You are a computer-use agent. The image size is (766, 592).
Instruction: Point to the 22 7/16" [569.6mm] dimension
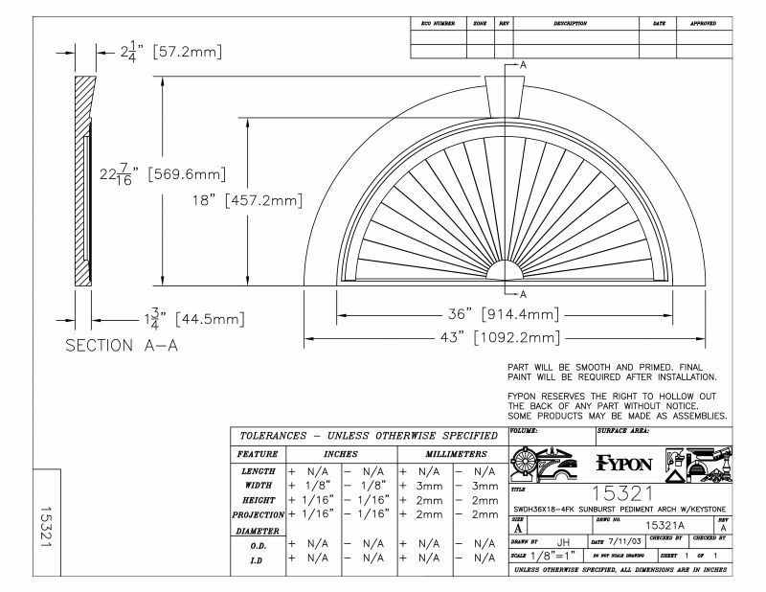pos(163,173)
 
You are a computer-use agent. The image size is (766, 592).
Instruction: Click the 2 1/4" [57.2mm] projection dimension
pos(171,53)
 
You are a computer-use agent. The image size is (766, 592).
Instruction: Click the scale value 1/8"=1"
pos(554,557)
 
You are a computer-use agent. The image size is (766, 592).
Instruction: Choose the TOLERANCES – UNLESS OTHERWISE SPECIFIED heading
pos(366,435)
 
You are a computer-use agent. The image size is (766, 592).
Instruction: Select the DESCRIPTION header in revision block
pos(570,22)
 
